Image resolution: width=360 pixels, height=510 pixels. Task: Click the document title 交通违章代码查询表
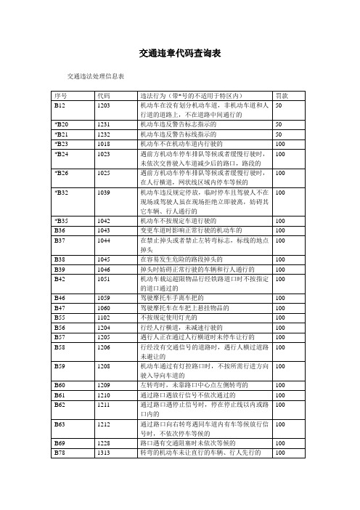[179, 54]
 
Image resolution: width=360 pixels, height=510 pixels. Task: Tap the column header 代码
[104, 95]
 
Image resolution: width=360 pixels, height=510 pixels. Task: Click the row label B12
[61, 105]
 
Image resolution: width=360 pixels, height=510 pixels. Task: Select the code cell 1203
[104, 105]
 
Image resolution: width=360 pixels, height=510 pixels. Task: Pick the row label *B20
[62, 124]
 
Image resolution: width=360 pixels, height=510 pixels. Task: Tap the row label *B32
[62, 191]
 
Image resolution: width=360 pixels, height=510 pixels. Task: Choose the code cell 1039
[104, 191]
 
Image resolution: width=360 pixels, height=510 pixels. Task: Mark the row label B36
[61, 229]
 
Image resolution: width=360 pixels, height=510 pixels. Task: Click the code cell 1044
[104, 238]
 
